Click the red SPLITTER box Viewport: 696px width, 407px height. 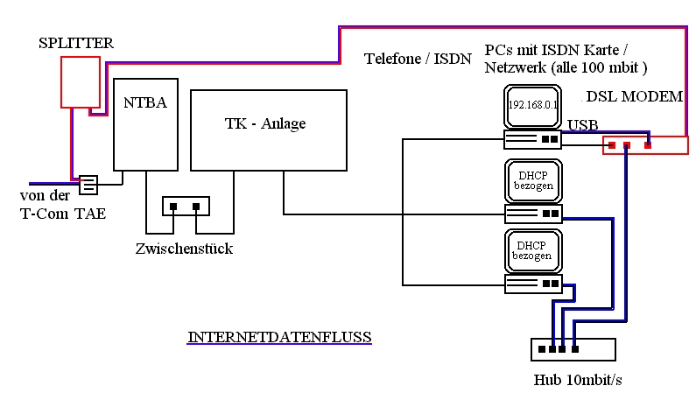[80, 82]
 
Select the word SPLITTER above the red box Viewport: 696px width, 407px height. [77, 42]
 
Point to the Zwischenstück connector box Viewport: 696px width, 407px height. [186, 207]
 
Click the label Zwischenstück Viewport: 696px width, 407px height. [184, 249]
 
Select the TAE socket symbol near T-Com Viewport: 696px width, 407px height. [88, 185]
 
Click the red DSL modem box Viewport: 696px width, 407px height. [644, 144]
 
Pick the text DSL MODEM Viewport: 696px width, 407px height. [634, 96]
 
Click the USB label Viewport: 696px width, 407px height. [583, 124]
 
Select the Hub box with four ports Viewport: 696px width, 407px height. [573, 349]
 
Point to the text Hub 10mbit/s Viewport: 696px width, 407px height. [578, 380]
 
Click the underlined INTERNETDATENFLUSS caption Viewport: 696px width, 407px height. [279, 336]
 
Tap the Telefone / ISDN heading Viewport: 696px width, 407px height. [418, 59]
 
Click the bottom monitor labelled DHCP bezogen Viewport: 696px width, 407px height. [532, 251]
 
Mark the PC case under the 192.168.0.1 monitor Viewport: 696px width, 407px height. [532, 139]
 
